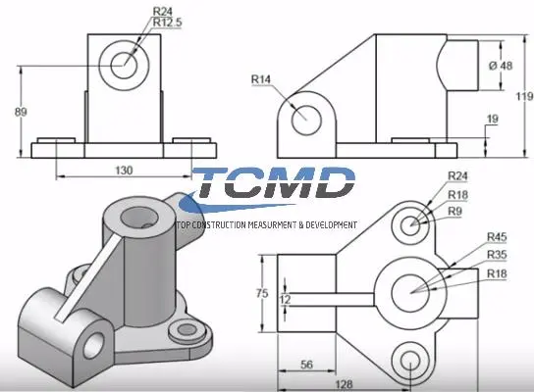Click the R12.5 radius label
pos(168,23)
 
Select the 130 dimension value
pos(124,170)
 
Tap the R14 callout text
pos(261,78)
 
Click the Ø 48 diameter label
pos(501,66)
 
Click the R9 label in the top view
pos(456,210)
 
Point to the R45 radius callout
pos(498,236)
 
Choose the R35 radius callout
pos(498,254)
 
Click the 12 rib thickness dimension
pos(285,299)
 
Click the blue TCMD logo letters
pos(274,183)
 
